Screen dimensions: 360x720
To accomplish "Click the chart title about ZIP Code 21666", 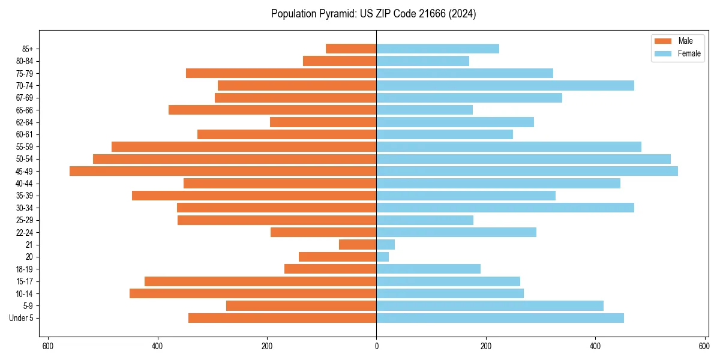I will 373,14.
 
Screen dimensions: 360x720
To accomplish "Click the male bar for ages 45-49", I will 223,171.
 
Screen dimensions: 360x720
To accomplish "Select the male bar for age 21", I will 358,245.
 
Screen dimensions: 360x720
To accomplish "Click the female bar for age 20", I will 383,257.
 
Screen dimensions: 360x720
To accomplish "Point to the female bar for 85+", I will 437,49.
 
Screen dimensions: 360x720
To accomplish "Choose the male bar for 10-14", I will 253,293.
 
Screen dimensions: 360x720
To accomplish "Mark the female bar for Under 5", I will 500,318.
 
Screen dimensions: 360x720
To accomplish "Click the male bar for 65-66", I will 272,110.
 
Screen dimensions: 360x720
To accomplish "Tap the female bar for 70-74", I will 505,85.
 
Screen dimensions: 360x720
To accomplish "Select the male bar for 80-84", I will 340,61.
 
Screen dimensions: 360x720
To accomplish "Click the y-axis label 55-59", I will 25,147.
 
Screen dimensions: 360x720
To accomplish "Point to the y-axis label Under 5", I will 21,318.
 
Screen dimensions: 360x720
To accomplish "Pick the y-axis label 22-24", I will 25,233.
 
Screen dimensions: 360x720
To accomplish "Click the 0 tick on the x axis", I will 376,346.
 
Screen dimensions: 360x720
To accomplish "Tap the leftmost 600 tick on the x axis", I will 48,346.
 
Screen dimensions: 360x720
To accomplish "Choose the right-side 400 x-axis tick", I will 595,346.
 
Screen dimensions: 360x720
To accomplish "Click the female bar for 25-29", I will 425,220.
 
